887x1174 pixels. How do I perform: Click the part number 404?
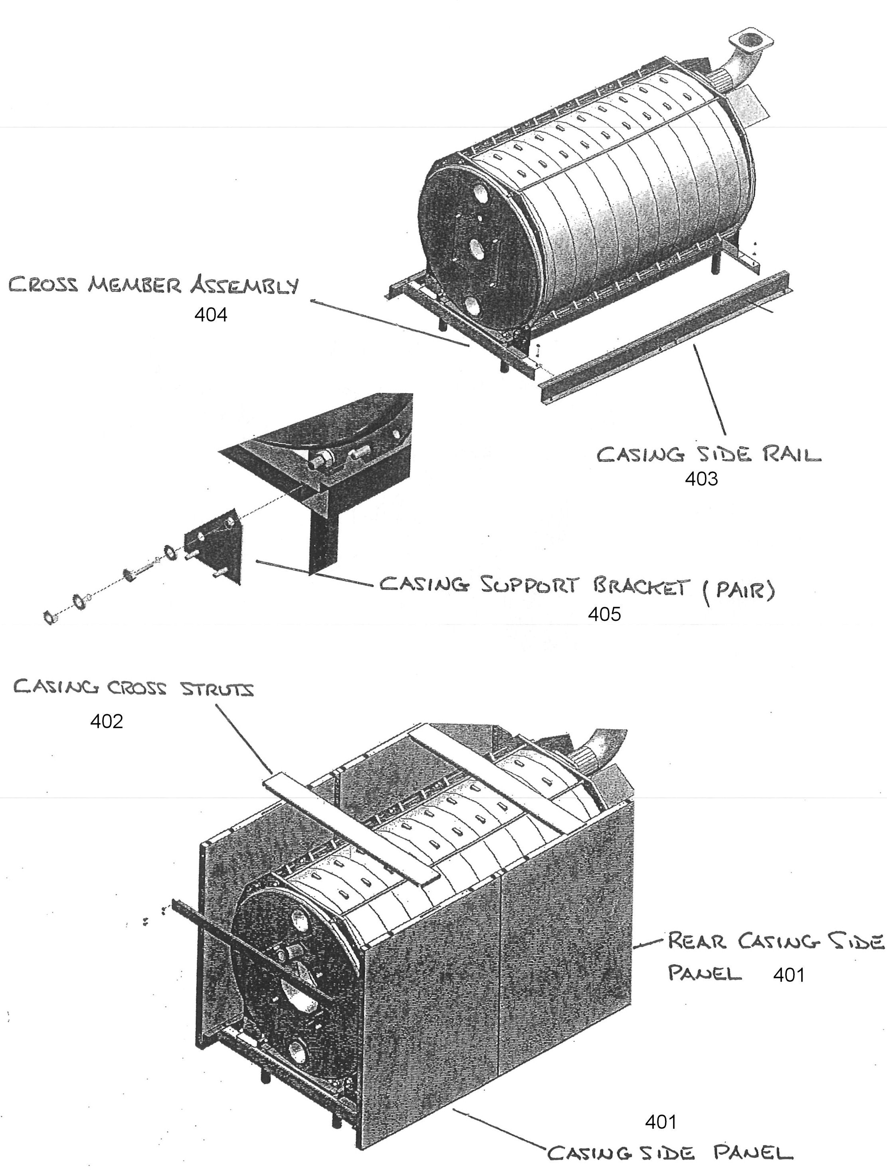point(211,315)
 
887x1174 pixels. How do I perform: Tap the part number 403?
point(701,479)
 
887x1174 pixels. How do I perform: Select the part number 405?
point(604,614)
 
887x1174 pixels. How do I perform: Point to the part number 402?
point(106,721)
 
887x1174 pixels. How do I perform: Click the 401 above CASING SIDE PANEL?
point(661,1122)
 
